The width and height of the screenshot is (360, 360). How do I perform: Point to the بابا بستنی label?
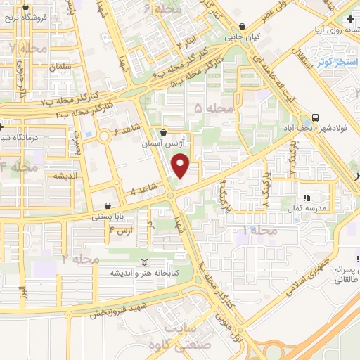click(108, 218)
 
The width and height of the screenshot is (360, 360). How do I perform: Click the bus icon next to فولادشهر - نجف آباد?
click(316, 117)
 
